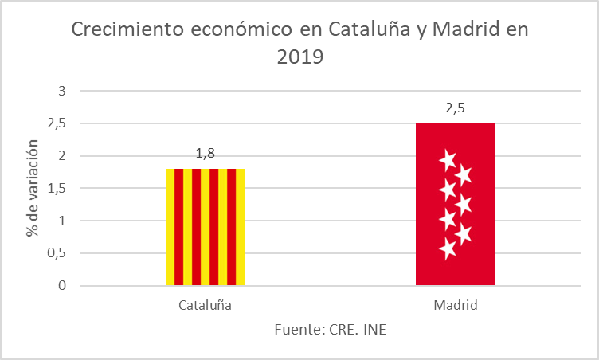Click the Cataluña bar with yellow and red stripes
coord(205,227)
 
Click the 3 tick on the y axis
coord(61,91)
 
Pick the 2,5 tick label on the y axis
coord(56,123)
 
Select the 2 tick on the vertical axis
coord(61,156)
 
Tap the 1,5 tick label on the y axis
coord(56,189)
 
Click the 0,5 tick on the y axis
coord(56,253)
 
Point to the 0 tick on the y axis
coord(61,285)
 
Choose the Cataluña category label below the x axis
coord(205,305)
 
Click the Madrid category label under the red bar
coord(455,305)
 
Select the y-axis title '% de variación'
coord(33,188)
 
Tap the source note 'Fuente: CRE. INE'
coord(330,329)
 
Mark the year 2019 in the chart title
coord(299,57)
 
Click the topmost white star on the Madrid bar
coord(448,160)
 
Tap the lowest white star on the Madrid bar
coord(448,249)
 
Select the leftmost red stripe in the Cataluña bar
coord(178,227)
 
